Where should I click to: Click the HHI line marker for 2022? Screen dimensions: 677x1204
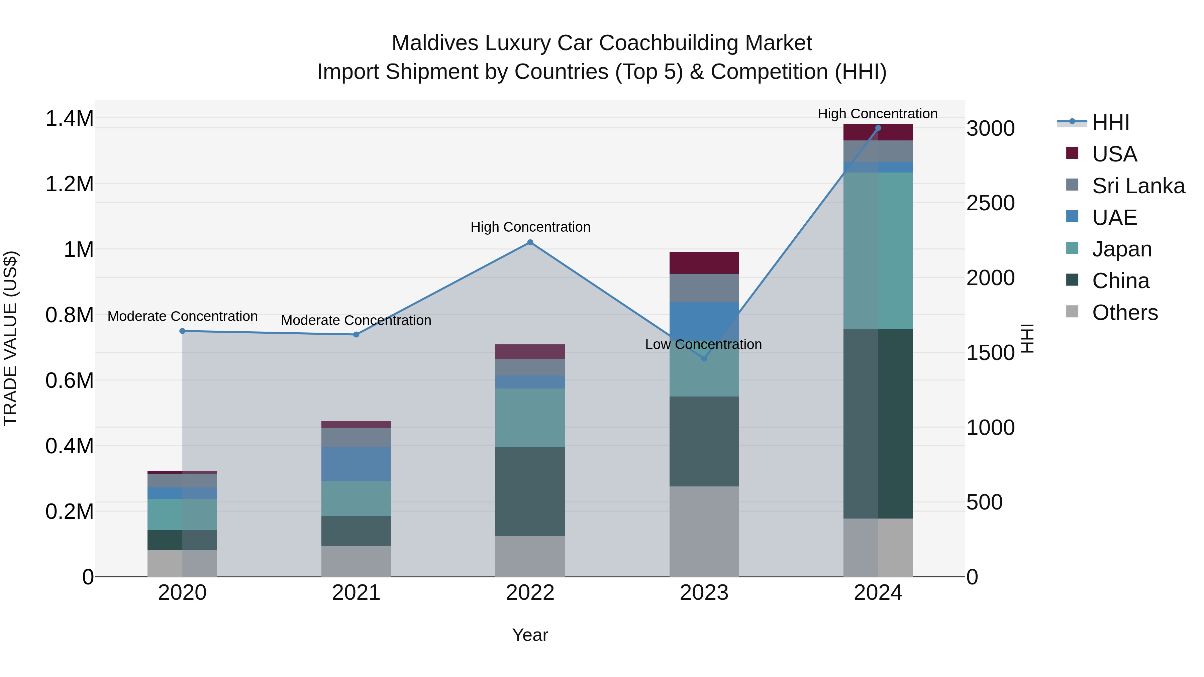point(530,242)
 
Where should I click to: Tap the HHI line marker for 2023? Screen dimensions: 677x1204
point(704,358)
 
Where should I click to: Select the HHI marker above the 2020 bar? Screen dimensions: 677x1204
point(182,331)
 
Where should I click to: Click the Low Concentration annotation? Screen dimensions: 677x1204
point(703,344)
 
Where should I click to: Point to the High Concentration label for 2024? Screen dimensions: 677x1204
point(877,114)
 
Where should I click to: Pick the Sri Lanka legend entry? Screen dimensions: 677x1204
point(1138,186)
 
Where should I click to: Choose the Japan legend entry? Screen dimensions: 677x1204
point(1121,248)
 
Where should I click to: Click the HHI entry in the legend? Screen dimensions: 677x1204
point(1110,122)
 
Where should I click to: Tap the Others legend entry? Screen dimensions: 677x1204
point(1124,312)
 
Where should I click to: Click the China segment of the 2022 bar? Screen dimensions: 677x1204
point(530,491)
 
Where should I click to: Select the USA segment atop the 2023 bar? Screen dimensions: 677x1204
point(704,262)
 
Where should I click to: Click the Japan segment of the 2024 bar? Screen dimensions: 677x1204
point(878,251)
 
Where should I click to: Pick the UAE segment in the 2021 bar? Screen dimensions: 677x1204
point(356,463)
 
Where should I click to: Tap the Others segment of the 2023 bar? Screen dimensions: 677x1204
point(704,531)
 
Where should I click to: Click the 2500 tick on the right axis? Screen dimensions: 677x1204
point(990,203)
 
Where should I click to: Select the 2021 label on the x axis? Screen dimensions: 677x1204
point(356,592)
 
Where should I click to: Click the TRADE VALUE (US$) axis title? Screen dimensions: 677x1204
point(10,338)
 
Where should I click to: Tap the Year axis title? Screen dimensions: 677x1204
point(530,635)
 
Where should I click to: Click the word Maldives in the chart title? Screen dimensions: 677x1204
point(435,43)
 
